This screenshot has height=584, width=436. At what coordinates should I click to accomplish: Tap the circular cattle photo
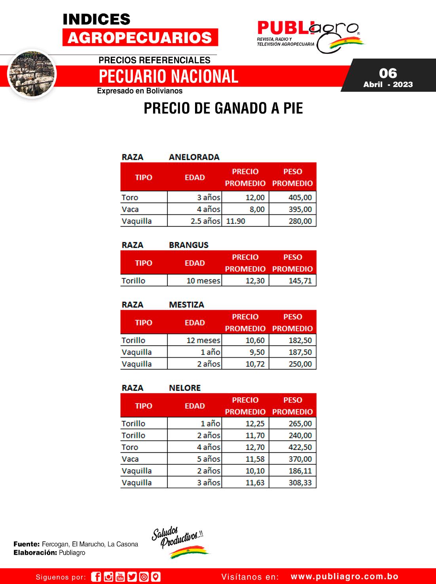tap(32, 74)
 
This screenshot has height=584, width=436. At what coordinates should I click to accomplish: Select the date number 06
tap(388, 73)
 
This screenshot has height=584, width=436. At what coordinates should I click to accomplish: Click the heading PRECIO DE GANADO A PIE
tap(223, 108)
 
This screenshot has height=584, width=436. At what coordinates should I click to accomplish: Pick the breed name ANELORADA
tap(194, 157)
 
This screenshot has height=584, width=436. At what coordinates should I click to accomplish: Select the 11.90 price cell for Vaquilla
tap(236, 221)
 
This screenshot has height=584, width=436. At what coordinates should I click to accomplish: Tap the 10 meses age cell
tap(203, 281)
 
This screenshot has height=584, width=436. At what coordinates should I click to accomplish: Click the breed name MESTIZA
tap(186, 305)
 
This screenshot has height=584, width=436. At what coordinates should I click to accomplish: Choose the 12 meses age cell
tap(203, 340)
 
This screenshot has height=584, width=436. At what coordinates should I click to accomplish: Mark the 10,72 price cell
tap(255, 364)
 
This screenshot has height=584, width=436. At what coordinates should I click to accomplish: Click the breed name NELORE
tap(185, 388)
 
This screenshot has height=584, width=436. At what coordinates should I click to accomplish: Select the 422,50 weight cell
tap(300, 447)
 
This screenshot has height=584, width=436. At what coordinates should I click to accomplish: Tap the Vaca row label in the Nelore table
tap(130, 459)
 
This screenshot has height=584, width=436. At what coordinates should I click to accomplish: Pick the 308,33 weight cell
tap(300, 483)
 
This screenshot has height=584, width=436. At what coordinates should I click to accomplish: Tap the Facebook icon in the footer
tap(96, 577)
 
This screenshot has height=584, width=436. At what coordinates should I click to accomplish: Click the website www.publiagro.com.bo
tap(344, 577)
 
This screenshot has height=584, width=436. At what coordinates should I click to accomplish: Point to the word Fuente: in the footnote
tap(27, 544)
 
